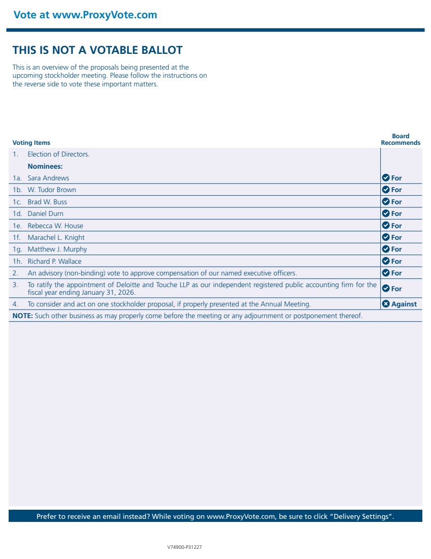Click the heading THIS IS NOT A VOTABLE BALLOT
[x=97, y=50]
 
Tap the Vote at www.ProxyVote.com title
[x=85, y=15]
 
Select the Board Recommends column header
[x=401, y=140]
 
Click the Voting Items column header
[x=31, y=143]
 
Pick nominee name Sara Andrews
[x=48, y=178]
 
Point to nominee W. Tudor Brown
[x=52, y=190]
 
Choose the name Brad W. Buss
[x=47, y=202]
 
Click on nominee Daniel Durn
[x=46, y=214]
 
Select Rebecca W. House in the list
[x=55, y=226]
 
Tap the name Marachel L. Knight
[x=56, y=238]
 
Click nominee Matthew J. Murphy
[x=57, y=250]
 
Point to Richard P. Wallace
[x=54, y=262]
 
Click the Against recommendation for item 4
[x=404, y=304]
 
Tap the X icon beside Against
[x=386, y=304]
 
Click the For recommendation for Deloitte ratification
[x=396, y=289]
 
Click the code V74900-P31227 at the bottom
[x=184, y=547]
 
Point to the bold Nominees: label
[x=45, y=167]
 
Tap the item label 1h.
[x=18, y=262]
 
